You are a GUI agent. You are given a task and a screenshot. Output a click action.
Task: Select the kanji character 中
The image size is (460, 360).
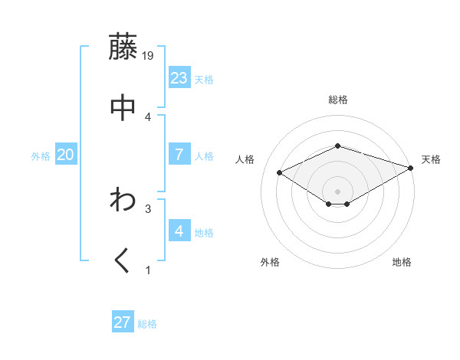(x=123, y=107)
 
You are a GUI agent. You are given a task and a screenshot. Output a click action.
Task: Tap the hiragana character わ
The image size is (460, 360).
(x=123, y=200)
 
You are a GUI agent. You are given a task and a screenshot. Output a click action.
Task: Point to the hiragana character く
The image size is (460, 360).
(x=123, y=261)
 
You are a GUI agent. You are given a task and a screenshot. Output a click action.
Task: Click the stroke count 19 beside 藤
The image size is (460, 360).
(x=149, y=55)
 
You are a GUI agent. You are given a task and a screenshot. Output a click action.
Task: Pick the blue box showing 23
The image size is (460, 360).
(x=179, y=78)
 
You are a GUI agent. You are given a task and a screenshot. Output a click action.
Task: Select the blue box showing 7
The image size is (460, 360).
(x=179, y=155)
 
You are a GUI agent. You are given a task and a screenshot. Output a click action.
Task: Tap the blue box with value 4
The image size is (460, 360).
(x=179, y=231)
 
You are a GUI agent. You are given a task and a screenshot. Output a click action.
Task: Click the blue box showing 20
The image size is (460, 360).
(x=66, y=155)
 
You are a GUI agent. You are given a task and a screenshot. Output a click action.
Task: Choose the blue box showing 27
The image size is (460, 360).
(x=123, y=322)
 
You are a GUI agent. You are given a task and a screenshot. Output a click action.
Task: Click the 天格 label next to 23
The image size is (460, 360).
(x=204, y=80)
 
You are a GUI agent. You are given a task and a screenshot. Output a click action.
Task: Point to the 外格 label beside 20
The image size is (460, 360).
(x=41, y=156)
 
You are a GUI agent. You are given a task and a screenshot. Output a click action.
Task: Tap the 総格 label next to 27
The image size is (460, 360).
(x=147, y=324)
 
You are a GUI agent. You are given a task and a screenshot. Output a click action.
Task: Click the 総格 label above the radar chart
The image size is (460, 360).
(x=338, y=100)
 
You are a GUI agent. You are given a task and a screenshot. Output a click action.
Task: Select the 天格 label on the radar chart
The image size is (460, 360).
(x=431, y=159)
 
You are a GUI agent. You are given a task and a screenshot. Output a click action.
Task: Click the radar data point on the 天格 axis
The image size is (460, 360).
(x=412, y=168)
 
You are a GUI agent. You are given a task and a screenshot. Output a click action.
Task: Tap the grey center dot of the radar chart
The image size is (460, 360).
(x=338, y=191)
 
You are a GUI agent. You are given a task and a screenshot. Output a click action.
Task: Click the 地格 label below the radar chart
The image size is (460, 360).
(x=402, y=262)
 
